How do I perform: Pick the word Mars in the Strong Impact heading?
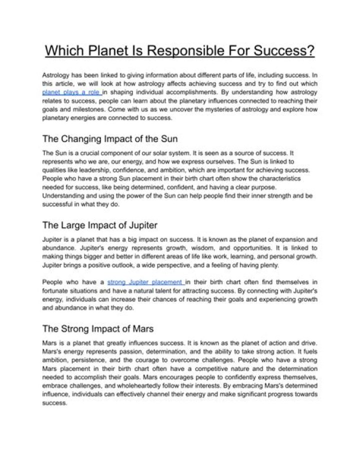pos(142,329)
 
